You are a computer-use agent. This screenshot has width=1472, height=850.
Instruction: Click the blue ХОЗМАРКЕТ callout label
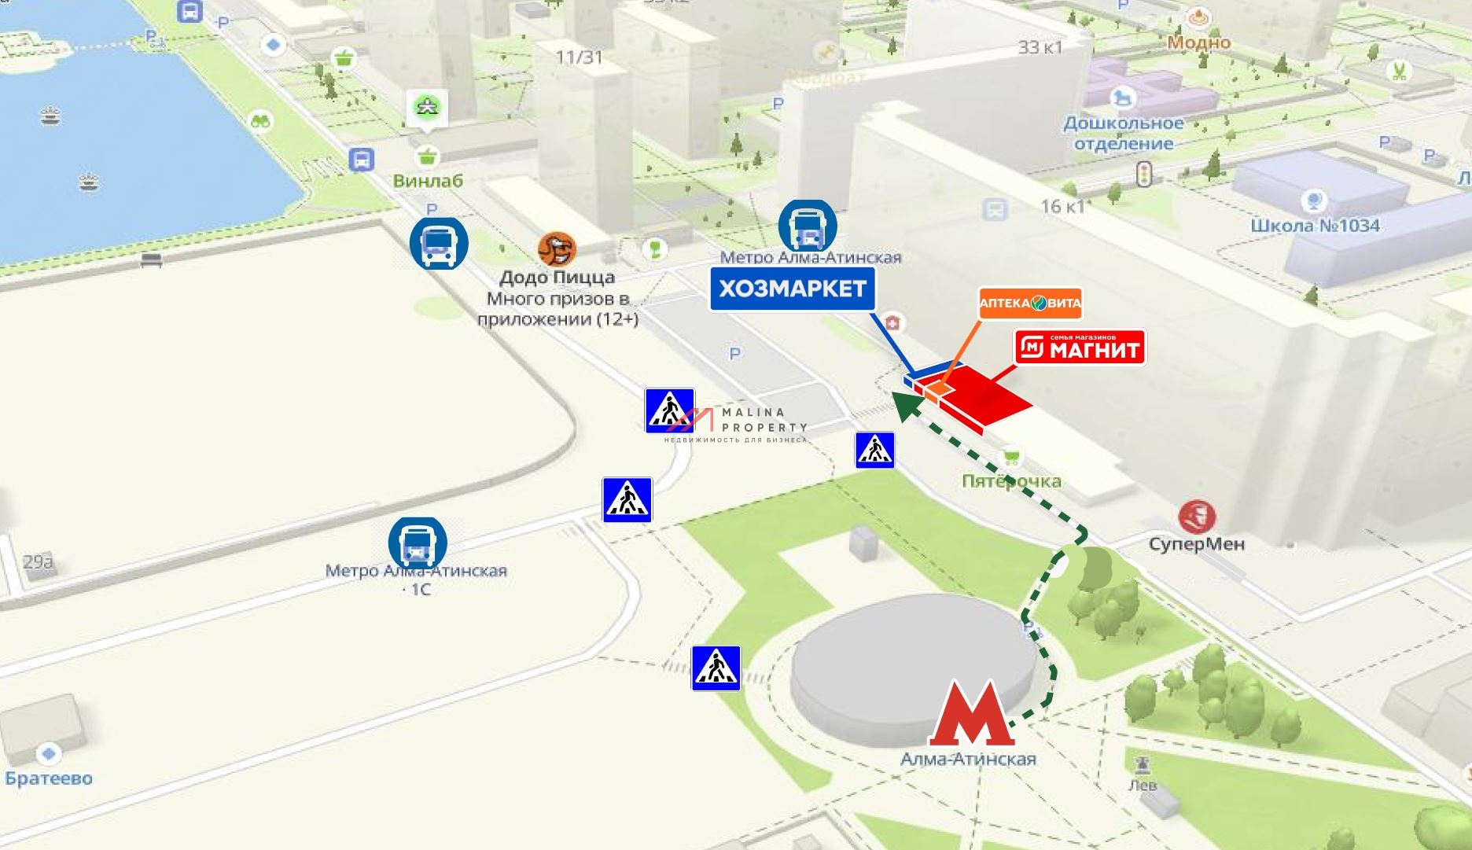click(x=793, y=289)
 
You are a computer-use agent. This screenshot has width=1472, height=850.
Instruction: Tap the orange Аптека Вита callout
click(x=1029, y=303)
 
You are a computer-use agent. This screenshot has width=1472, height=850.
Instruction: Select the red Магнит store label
click(x=1080, y=348)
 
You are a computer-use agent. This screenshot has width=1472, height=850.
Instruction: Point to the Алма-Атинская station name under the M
click(x=968, y=760)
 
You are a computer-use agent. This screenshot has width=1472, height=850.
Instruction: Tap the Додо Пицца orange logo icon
click(x=557, y=249)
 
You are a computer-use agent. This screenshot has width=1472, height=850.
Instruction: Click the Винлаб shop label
click(x=428, y=181)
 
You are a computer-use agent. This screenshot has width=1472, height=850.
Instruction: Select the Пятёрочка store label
click(x=1011, y=480)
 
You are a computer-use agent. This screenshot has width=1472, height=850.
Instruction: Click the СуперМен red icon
click(x=1196, y=517)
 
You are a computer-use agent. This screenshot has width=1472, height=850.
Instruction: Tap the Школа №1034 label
click(x=1315, y=226)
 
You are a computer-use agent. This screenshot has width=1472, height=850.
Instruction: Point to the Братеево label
click(x=49, y=778)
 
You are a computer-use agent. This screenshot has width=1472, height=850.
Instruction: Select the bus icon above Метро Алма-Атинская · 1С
click(x=418, y=543)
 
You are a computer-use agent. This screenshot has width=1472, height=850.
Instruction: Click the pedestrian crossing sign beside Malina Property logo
click(x=669, y=410)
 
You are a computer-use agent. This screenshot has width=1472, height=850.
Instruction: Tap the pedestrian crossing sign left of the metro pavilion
click(x=716, y=668)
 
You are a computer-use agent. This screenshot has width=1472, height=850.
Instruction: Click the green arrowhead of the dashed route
click(x=904, y=406)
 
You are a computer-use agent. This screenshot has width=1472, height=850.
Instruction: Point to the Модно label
click(x=1198, y=42)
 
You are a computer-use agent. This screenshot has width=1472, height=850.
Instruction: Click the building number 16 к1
click(x=1062, y=207)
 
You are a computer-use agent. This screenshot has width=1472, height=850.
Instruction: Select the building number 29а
click(x=38, y=562)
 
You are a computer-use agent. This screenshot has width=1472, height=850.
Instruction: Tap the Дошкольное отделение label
click(x=1123, y=134)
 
